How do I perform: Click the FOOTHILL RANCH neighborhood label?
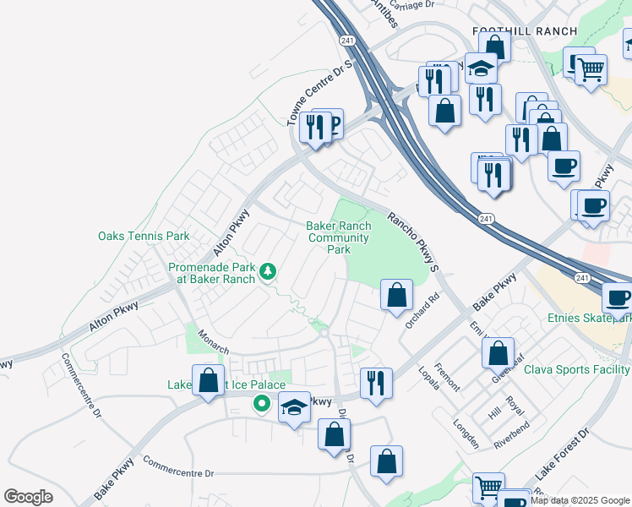coord(525,31)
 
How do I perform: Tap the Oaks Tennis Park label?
coord(144,236)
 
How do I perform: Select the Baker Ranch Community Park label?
coord(339,237)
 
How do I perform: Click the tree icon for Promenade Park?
coord(268,271)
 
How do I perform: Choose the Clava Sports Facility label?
coord(577,369)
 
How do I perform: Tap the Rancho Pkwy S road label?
coord(415,241)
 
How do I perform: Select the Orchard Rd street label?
coord(423,313)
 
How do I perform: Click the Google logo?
coord(28,497)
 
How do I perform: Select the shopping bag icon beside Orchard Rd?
coord(396,295)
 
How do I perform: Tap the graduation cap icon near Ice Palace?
coord(293,408)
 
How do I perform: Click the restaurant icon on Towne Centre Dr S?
coord(314,127)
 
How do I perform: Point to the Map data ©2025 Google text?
coord(580,500)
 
